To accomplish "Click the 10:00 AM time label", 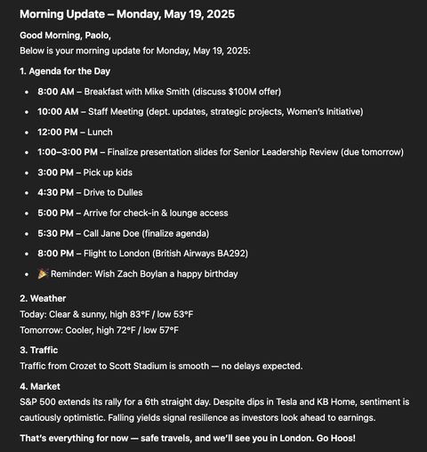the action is tap(58, 111).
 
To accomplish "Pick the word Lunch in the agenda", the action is tap(101, 132).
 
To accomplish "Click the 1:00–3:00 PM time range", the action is tap(68, 152).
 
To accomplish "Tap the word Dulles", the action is tap(125, 192).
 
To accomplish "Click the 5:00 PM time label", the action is tap(55, 213).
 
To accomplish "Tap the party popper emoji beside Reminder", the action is tap(43, 274).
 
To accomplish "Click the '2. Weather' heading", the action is tap(43, 299).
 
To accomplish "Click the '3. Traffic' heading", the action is tap(40, 350).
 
